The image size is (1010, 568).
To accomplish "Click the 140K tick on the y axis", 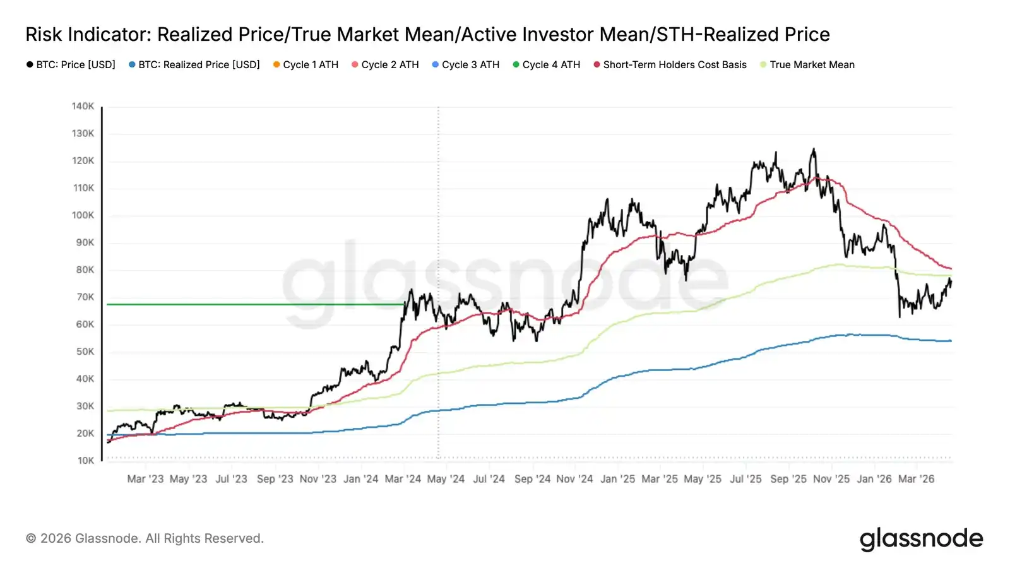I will point(83,106).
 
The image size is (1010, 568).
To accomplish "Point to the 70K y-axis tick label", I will point(85,297).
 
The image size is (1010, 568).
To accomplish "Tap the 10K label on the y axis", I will point(85,461).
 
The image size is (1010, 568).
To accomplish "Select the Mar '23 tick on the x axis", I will point(145,479).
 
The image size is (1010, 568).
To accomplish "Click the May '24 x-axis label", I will point(446,479).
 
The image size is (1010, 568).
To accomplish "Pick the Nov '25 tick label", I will point(831,479).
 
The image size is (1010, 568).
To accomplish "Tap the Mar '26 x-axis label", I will point(916,479).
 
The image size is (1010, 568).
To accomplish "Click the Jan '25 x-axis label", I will point(618,479).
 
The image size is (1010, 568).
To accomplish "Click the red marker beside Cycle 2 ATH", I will point(355,64).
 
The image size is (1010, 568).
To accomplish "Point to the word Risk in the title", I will point(44,35).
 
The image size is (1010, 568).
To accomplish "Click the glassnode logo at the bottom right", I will point(921,539).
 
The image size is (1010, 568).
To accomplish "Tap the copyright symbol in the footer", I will point(31,538).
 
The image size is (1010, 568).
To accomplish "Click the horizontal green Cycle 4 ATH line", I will point(252,304).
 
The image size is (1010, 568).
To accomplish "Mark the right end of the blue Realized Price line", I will point(950,341).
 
